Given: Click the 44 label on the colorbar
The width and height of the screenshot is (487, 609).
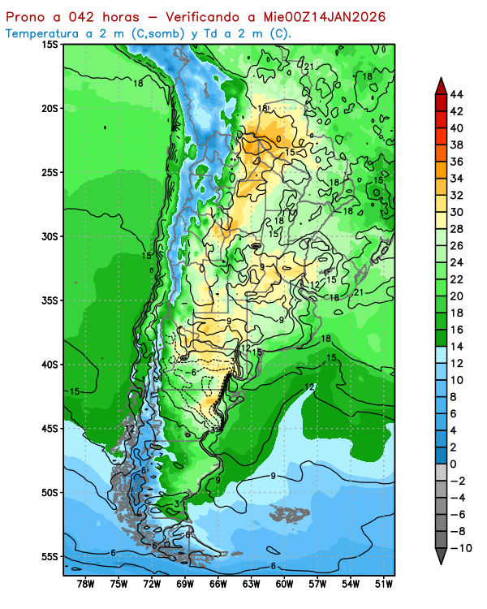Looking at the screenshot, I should (456, 94).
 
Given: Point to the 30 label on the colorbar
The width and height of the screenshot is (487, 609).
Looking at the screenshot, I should (456, 212).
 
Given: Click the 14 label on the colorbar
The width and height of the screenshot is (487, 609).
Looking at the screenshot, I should (456, 347).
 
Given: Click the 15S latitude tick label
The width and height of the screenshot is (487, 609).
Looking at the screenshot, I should (50, 45).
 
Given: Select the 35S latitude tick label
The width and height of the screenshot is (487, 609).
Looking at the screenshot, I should (50, 300).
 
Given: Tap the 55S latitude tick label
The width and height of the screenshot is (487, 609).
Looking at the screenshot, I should (50, 556).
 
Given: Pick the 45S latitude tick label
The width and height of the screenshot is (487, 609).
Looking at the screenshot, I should (50, 429).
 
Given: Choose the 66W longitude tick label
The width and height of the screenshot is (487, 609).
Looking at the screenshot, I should (218, 583).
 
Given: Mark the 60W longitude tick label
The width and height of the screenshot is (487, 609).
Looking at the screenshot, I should (284, 583).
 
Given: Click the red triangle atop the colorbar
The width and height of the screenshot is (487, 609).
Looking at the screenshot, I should (441, 84).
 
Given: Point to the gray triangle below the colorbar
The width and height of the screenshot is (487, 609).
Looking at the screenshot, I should (441, 556).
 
